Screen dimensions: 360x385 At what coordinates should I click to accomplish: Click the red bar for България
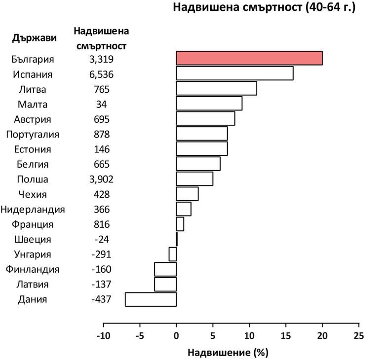pyautogui.click(x=249, y=58)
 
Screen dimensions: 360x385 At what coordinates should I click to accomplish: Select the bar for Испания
pyautogui.click(x=234, y=73)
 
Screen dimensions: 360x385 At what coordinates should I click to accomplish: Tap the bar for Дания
pyautogui.click(x=151, y=299)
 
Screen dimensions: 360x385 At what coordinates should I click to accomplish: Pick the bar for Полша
pyautogui.click(x=194, y=179)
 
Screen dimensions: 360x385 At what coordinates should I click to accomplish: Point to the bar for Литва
pyautogui.click(x=216, y=89)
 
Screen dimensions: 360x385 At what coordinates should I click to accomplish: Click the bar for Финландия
pyautogui.click(x=165, y=269)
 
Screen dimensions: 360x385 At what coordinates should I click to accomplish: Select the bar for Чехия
pyautogui.click(x=187, y=194)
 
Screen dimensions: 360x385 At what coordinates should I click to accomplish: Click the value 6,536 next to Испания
pyautogui.click(x=102, y=74)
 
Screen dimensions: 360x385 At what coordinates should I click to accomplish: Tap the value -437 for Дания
pyautogui.click(x=102, y=299)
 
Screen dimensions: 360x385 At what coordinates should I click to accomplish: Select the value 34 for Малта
pyautogui.click(x=102, y=104)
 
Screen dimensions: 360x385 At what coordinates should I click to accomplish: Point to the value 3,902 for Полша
pyautogui.click(x=102, y=179)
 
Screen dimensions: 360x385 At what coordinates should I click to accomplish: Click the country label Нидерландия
pyautogui.click(x=33, y=209)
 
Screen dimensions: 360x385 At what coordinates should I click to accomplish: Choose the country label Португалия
pyautogui.click(x=33, y=134)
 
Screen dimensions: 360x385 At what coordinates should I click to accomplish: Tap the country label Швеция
pyautogui.click(x=33, y=239)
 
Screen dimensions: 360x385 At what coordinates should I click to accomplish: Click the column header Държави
pyautogui.click(x=35, y=38)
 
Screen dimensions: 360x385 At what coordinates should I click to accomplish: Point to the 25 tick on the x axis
pyautogui.click(x=359, y=336)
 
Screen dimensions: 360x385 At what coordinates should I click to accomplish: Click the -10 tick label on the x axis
pyautogui.click(x=103, y=336)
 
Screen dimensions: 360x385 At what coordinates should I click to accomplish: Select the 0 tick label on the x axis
pyautogui.click(x=176, y=336)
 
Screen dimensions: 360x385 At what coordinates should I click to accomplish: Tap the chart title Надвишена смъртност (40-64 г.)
pyautogui.click(x=264, y=8)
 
